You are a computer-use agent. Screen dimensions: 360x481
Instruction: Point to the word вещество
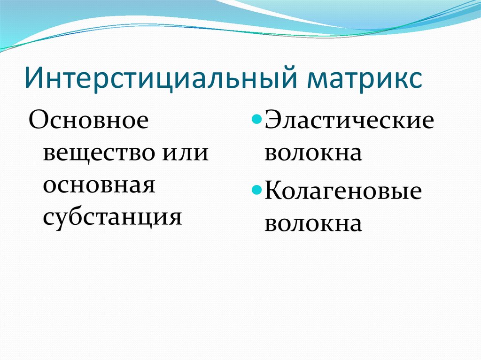[97, 153]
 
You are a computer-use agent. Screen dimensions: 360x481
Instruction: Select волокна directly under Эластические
[313, 153]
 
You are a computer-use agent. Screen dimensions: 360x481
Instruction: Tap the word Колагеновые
[343, 192]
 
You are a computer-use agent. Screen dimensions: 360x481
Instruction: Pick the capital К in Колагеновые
[274, 192]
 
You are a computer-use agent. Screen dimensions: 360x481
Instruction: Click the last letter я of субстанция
[176, 216]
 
